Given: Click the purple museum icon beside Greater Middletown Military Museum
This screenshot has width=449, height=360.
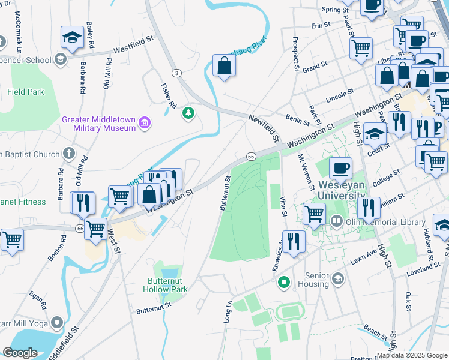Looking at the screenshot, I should [144, 124].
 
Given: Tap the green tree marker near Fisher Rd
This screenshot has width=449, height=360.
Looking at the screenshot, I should [190, 112].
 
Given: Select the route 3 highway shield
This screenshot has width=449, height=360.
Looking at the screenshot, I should [176, 73].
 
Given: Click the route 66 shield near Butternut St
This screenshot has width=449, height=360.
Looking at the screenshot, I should [251, 157].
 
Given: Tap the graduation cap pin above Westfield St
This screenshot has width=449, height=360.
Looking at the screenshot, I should [72, 38].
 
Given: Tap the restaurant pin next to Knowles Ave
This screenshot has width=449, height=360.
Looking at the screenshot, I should [293, 241].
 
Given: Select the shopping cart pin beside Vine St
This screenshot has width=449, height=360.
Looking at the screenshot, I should [314, 214].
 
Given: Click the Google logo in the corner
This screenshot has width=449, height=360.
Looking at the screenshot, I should [20, 353].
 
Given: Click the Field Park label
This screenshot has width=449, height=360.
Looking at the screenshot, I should [26, 92].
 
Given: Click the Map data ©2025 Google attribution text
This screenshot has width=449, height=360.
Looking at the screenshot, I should [411, 355].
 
